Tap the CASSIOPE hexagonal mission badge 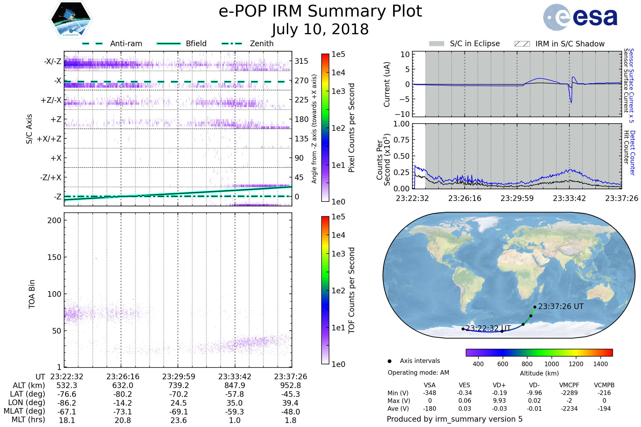coord(71,19)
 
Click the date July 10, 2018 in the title coord(320,29)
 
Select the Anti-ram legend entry coord(112,44)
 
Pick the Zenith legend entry coord(248,44)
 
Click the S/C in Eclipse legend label coord(475,44)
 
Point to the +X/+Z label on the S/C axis coord(49,139)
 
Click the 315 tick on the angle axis coord(302,61)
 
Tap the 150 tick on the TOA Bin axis coord(54,257)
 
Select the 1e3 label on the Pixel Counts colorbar coord(338,91)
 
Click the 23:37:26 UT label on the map coord(561,307)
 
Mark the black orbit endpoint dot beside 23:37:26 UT coord(535,307)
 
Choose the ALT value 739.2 coord(179,386)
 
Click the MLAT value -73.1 coord(123,412)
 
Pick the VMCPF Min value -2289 coord(569,393)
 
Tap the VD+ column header coord(499,385)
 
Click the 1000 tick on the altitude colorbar coord(552,364)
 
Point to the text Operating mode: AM coord(418,373)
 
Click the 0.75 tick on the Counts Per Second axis coord(401,140)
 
